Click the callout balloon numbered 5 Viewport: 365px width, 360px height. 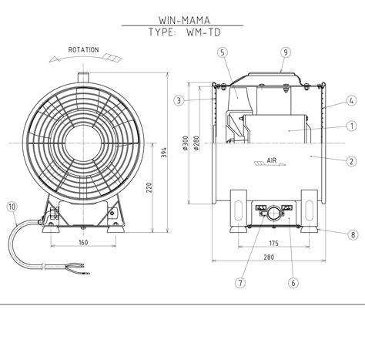(x=223, y=52)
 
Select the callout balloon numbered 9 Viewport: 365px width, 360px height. (x=286, y=52)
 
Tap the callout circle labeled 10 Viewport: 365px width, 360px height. (x=12, y=207)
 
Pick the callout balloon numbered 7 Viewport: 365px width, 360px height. (x=240, y=283)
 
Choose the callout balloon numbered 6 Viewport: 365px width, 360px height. (x=293, y=283)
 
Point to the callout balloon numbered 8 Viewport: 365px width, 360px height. (x=353, y=234)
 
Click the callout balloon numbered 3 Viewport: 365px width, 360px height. (x=179, y=100)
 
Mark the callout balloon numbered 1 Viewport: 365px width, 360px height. (x=352, y=126)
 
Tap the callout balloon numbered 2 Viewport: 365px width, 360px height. (x=352, y=161)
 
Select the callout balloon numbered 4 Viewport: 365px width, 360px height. (x=352, y=100)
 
